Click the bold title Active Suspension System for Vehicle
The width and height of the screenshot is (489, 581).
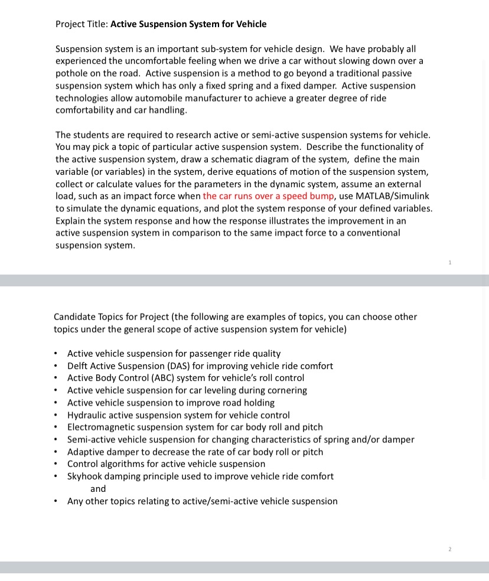pyautogui.click(x=188, y=24)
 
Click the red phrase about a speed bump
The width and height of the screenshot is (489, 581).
pyautogui.click(x=269, y=197)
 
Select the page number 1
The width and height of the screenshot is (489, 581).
pyautogui.click(x=450, y=262)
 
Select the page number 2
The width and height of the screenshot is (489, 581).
pyautogui.click(x=449, y=549)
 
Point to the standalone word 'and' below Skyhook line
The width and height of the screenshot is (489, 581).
pyautogui.click(x=98, y=489)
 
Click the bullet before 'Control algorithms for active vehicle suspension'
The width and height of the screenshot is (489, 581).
pyautogui.click(x=56, y=464)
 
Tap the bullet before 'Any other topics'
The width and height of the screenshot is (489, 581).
pyautogui.click(x=56, y=501)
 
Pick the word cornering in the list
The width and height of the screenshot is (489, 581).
pyautogui.click(x=287, y=390)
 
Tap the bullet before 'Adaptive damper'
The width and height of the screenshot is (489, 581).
pyautogui.click(x=56, y=452)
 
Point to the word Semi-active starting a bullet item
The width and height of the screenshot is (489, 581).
pyautogui.click(x=91, y=440)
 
